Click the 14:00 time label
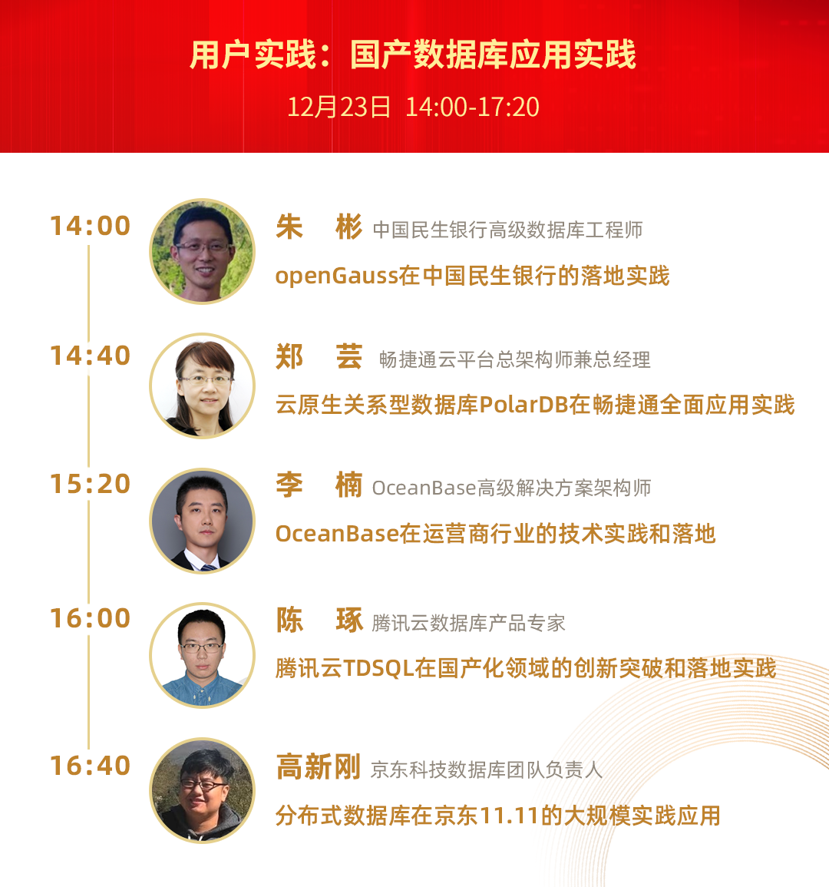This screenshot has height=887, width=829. coord(91,226)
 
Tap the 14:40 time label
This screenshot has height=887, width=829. coord(91,356)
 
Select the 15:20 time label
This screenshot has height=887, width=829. coord(91,485)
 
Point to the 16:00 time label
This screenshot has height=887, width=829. coord(91,618)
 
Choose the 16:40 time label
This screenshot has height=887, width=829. coord(91,766)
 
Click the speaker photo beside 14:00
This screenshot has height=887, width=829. coord(203,251)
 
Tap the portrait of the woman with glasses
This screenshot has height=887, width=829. coord(203,386)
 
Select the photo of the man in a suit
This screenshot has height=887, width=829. coord(203,521)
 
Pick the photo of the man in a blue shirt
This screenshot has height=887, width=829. coord(203,655)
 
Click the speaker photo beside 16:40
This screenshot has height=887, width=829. coord(203,791)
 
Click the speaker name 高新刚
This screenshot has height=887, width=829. coord(319,768)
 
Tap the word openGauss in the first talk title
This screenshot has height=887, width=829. coord(336,276)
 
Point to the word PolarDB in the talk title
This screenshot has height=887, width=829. coord(523,405)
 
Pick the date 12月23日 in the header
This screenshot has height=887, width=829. coord(339,107)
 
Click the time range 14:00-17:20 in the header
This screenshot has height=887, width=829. coord(472,107)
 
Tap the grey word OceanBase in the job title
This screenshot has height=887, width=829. coord(424,488)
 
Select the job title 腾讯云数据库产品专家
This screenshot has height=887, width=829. coord(469,624)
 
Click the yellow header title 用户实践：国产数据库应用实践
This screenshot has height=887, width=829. coord(413,55)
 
